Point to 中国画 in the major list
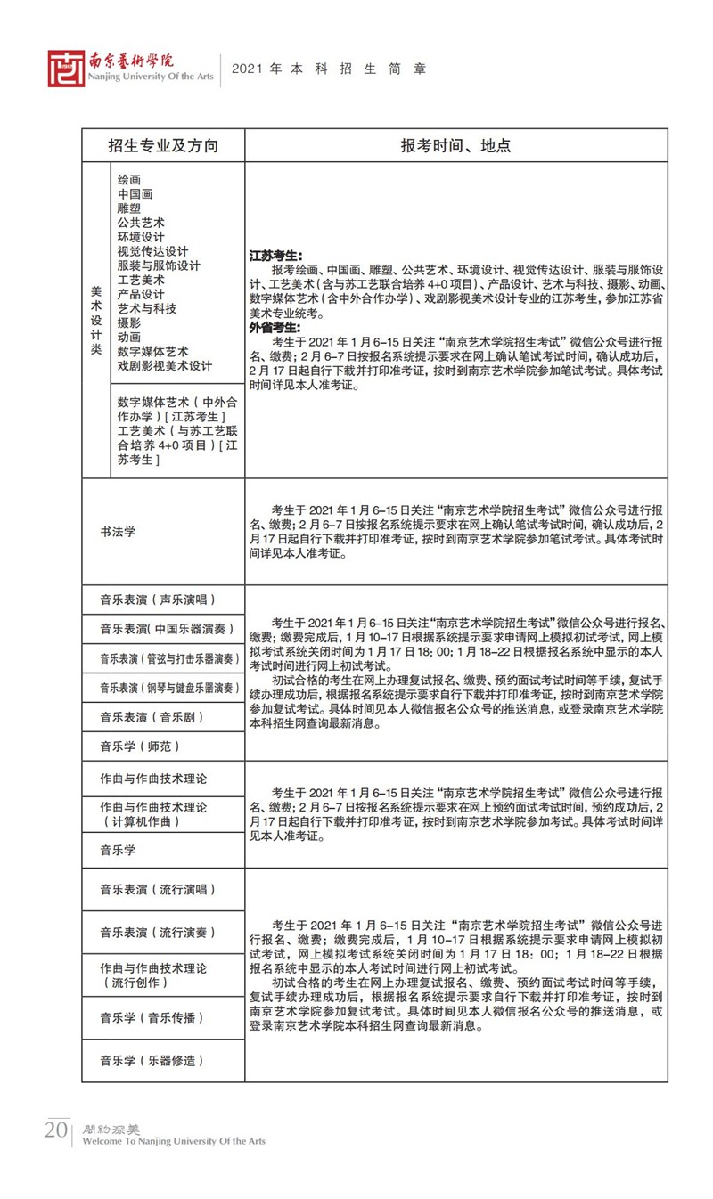tap(135, 193)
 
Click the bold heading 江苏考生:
tap(275, 256)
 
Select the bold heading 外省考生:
tap(275, 327)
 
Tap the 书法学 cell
tap(118, 532)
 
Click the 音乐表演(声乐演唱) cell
tap(158, 599)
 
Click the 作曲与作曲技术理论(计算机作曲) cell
tap(152, 814)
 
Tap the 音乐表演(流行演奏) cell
tap(158, 933)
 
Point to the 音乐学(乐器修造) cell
tap(152, 1060)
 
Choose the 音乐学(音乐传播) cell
tap(152, 1017)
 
